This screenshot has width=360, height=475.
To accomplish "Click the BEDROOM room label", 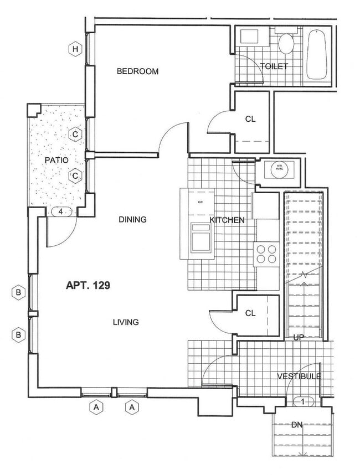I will tap(137, 71).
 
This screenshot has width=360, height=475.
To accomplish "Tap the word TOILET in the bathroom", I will tap(274, 66).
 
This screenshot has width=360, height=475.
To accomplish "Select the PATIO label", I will tap(56, 160).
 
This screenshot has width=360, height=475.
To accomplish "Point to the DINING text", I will tap(132, 220).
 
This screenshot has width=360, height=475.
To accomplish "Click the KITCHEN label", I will tap(227, 220).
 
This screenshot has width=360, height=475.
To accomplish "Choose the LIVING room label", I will tap(126, 322).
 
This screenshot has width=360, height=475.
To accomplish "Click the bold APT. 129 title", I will tap(88, 286).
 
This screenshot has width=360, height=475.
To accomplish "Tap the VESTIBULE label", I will tap(299, 376).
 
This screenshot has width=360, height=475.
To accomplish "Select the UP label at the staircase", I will tap(299, 337).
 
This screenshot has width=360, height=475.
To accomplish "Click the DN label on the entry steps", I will tap(297, 425).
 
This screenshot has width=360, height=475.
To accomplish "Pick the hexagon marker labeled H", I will tap(75, 50).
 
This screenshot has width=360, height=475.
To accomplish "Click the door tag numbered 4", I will tap(61, 211).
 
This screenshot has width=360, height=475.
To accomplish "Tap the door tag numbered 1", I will tap(302, 401).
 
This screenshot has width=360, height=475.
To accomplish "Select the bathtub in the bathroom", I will tap(317, 55).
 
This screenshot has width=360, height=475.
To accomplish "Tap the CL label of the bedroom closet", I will tap(250, 118).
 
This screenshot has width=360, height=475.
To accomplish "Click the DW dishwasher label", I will tap(200, 202).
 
